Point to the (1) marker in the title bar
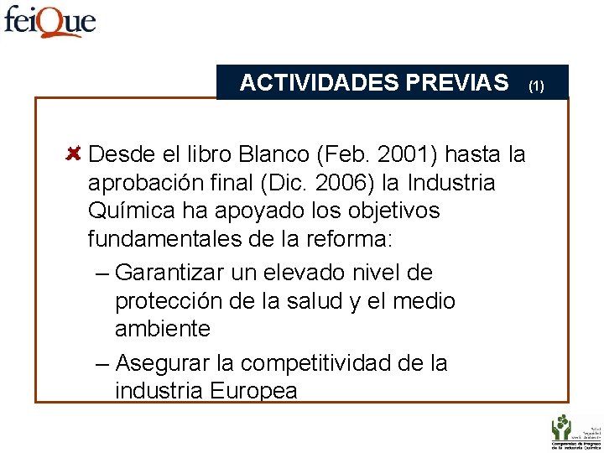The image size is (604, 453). point(536,86)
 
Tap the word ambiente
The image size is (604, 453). point(162,329)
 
